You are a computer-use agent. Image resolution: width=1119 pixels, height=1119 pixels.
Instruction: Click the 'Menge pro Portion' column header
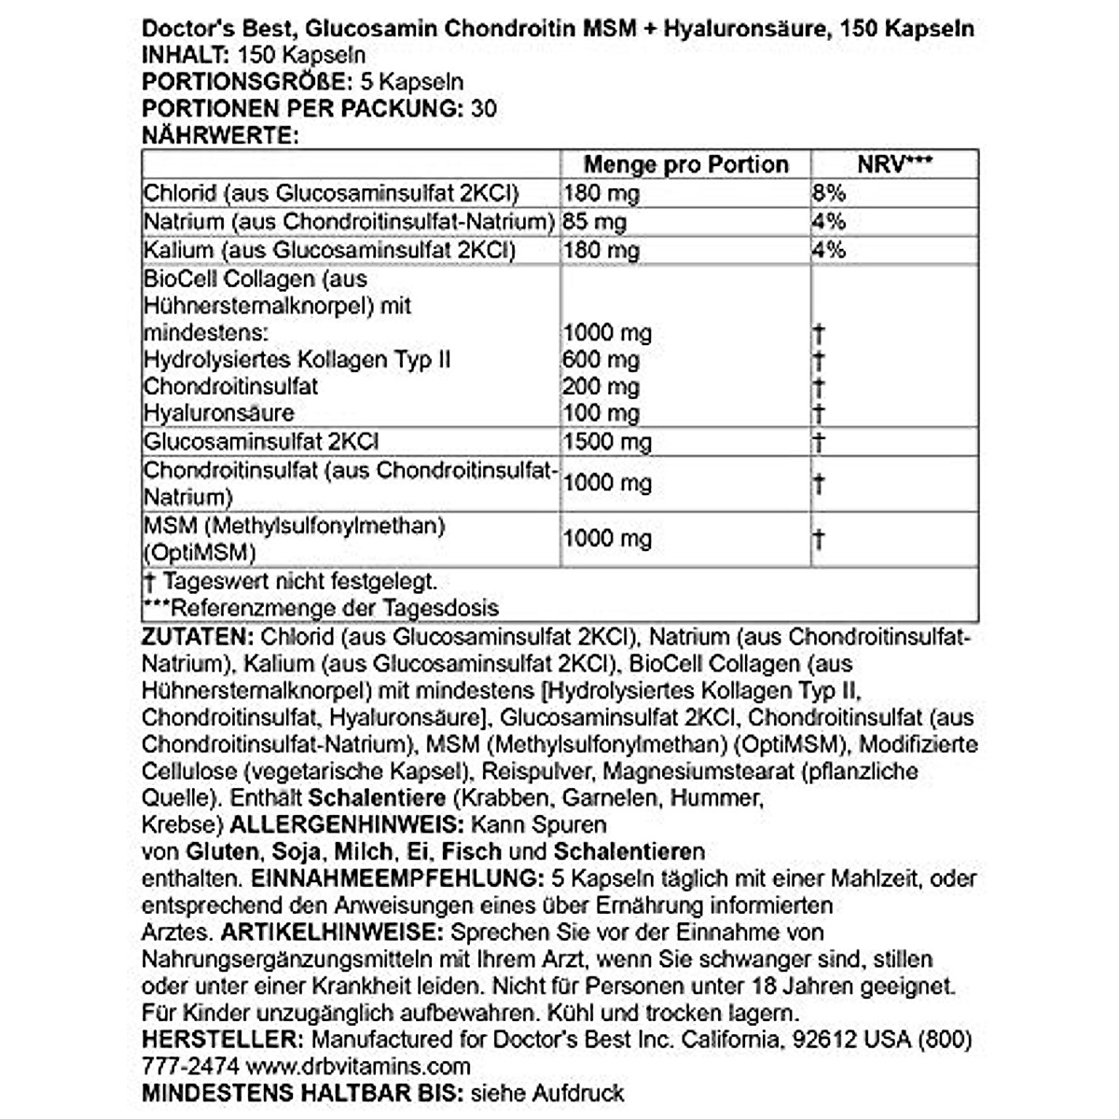pyautogui.click(x=685, y=165)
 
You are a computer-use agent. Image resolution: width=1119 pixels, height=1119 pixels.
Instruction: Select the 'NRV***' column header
pyautogui.click(x=895, y=165)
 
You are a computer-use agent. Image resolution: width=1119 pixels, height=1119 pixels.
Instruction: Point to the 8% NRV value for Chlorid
pyautogui.click(x=828, y=193)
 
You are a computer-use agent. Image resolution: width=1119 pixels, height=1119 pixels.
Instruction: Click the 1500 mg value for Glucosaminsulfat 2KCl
pyautogui.click(x=607, y=441)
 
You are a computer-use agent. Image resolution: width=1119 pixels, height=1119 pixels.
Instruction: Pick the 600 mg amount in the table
pyautogui.click(x=601, y=360)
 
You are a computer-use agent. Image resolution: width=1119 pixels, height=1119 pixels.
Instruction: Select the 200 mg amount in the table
pyautogui.click(x=601, y=387)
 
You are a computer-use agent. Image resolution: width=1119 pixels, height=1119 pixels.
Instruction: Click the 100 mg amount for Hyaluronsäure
pyautogui.click(x=601, y=413)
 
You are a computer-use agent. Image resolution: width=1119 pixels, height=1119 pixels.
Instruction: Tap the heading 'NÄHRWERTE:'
pyautogui.click(x=219, y=135)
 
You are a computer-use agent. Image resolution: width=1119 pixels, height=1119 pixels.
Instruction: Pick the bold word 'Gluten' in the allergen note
pyautogui.click(x=222, y=851)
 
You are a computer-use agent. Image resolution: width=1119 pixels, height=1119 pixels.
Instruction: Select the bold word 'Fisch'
pyautogui.click(x=472, y=851)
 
